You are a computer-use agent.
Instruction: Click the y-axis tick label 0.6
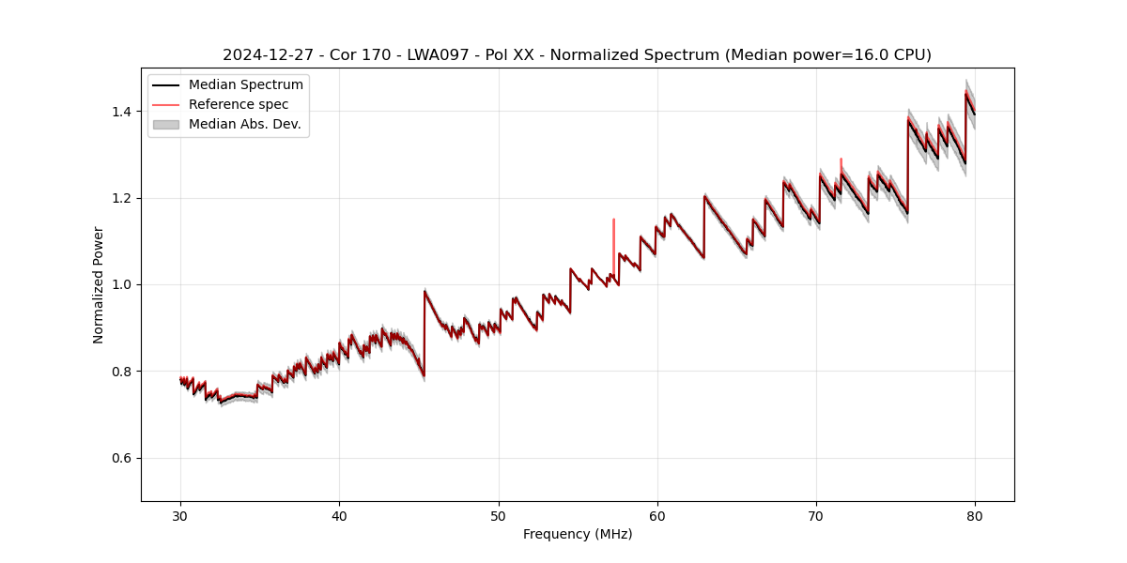pos(124,458)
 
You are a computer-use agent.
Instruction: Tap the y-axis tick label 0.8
pos(124,372)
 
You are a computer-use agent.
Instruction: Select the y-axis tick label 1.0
pos(124,284)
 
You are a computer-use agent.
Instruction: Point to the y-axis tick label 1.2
pos(124,198)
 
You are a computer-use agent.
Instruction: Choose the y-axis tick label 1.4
pos(124,112)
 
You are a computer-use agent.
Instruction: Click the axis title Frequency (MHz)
pos(578,534)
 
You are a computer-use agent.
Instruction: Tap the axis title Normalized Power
pos(99,284)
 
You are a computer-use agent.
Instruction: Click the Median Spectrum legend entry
pos(245,85)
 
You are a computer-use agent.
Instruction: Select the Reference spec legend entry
pos(239,104)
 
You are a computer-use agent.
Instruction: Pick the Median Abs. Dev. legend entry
pos(244,124)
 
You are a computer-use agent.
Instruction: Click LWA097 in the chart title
pos(438,55)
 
